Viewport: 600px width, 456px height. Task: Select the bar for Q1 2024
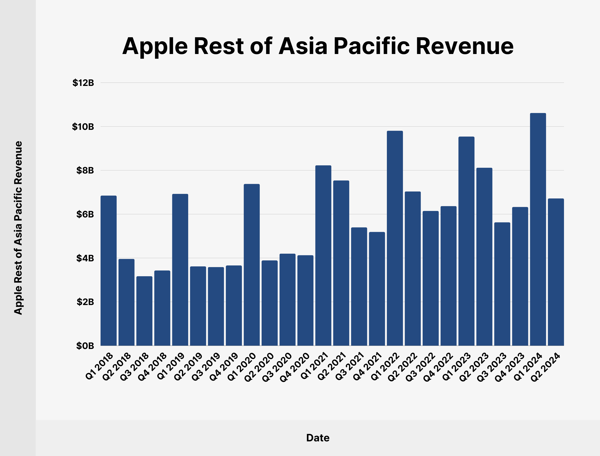(538, 229)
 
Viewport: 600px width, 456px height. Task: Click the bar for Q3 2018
(144, 311)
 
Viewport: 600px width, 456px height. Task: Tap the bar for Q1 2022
(395, 238)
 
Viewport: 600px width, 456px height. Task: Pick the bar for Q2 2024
(556, 272)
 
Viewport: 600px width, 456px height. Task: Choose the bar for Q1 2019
(180, 270)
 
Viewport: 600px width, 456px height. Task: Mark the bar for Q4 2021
(377, 289)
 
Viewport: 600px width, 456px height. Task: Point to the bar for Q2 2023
(484, 257)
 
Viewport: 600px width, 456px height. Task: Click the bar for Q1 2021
(323, 255)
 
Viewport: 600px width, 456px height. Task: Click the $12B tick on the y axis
(83, 83)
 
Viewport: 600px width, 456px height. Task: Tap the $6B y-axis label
(85, 214)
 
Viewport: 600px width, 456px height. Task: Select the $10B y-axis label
(83, 127)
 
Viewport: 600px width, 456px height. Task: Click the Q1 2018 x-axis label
(99, 366)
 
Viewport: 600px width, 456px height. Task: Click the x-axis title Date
(318, 438)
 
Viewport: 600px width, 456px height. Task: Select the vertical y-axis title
(18, 228)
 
